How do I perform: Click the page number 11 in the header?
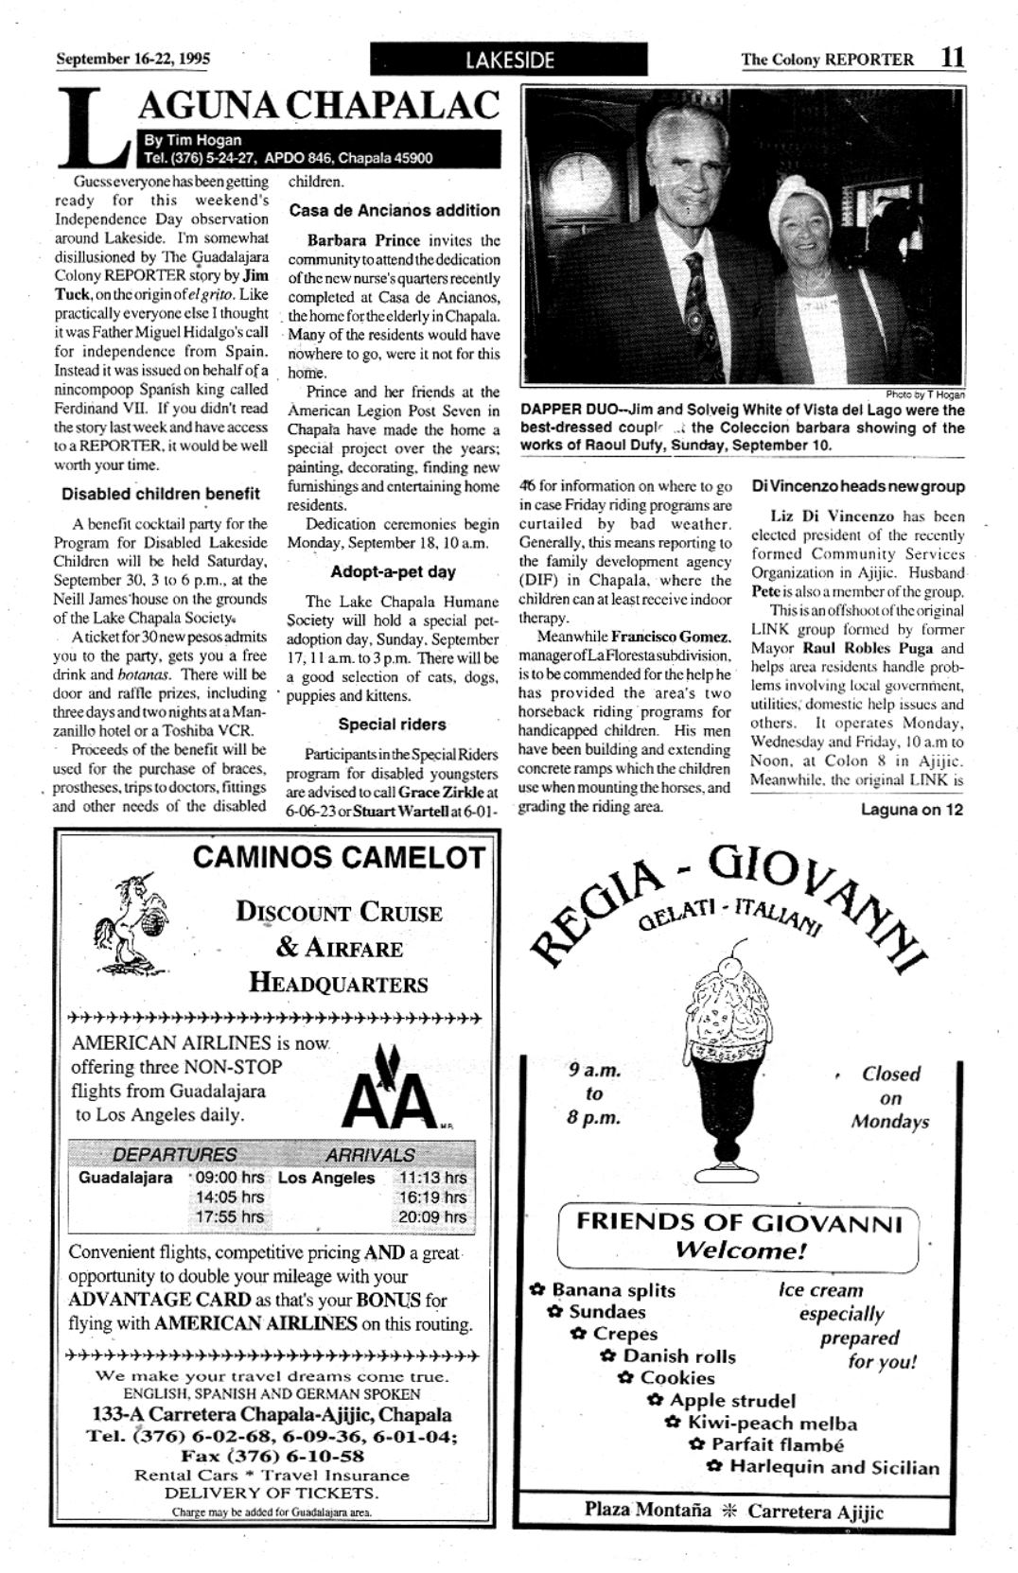tap(953, 57)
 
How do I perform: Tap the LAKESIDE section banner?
tap(509, 60)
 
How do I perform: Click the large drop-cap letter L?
tap(93, 127)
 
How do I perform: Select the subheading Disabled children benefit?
tap(161, 494)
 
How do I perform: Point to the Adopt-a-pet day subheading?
tap(393, 571)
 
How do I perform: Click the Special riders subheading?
tap(393, 724)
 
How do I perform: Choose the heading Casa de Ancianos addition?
tap(395, 210)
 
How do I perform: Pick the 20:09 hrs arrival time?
tap(431, 1216)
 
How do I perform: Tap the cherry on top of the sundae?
tap(729, 967)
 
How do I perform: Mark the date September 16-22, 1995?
tap(133, 59)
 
